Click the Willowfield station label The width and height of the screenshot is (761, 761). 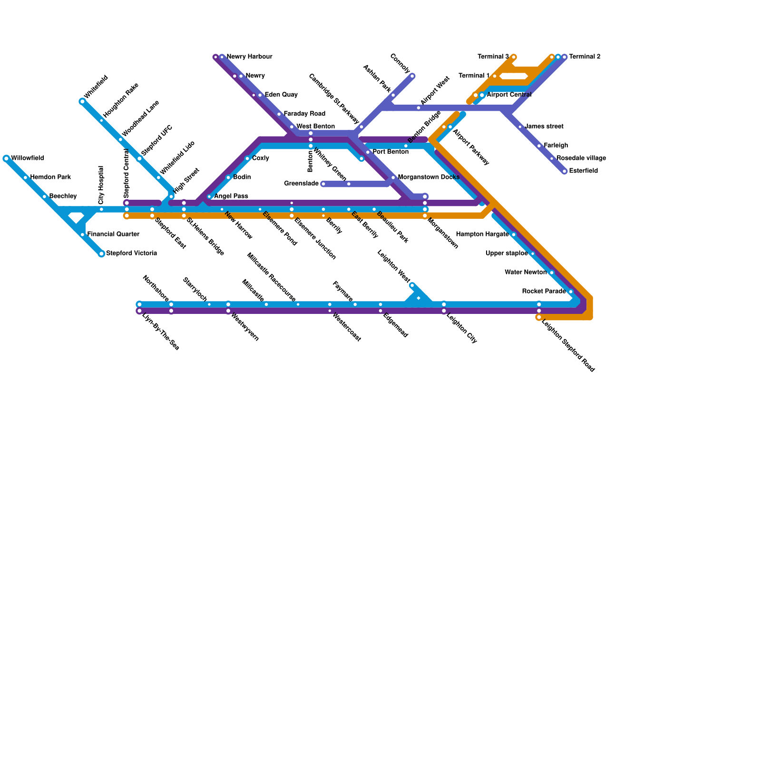point(27,158)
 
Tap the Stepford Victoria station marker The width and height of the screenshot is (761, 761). point(101,254)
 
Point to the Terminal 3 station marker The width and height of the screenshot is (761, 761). point(514,57)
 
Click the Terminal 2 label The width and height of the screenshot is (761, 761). point(585,57)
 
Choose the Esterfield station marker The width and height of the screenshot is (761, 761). point(565,171)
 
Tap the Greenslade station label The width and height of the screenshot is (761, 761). point(301,184)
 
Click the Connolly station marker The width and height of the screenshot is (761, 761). point(412,76)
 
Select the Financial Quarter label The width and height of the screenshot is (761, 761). point(113,234)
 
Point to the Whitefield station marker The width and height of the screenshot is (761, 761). point(82,101)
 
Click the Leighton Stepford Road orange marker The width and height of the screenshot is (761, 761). point(539,317)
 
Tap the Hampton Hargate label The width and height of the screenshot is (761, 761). point(482,234)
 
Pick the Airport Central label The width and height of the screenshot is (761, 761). point(509,95)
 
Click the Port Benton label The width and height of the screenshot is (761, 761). point(390,152)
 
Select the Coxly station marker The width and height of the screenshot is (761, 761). point(247,158)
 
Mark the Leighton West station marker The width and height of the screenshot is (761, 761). point(412,285)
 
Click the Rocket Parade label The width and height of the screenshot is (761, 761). point(544,292)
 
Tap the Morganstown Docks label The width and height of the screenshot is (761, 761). point(428,177)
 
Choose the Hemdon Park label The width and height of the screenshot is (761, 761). point(50,177)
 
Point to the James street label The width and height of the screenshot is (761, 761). point(544,127)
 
